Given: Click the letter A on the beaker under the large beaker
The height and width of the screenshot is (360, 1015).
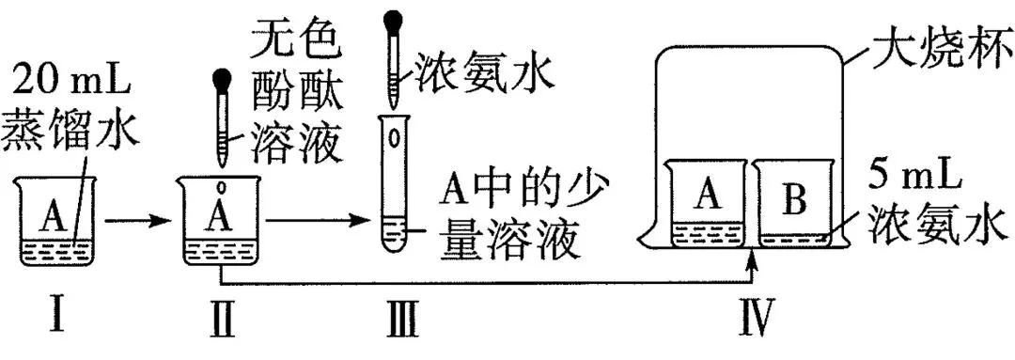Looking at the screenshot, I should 707,195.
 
